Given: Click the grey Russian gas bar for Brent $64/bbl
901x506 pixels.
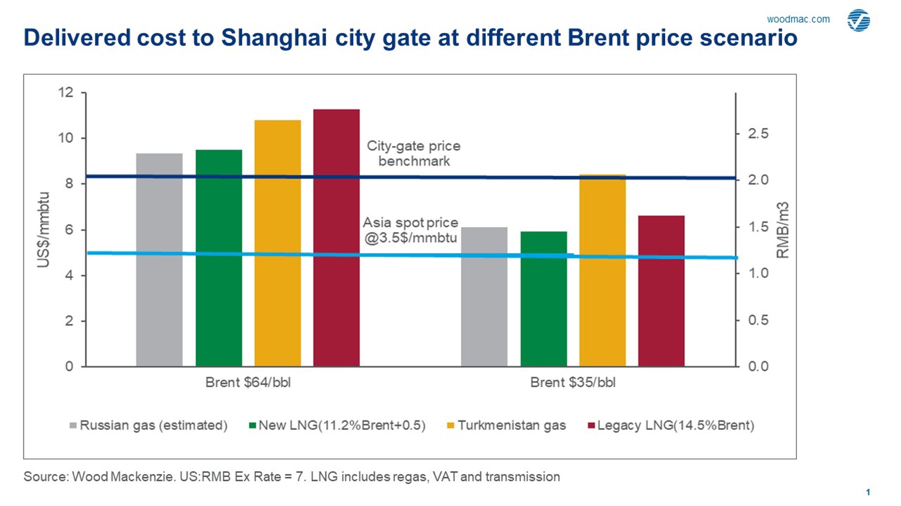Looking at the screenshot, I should (159, 260).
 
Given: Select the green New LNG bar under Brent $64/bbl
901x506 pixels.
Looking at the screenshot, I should (219, 258).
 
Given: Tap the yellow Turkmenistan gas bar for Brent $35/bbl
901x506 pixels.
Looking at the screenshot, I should (603, 270).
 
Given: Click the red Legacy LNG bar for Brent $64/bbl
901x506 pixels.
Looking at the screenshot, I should (336, 238).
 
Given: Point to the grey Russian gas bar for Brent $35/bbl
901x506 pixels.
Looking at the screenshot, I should (484, 297).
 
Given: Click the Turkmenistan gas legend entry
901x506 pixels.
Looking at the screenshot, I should (506, 425).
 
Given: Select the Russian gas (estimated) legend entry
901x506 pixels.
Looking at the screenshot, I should (148, 425).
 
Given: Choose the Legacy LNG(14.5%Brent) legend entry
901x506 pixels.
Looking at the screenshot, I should (671, 425).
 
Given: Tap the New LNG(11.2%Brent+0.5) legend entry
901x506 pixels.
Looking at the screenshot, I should (337, 425).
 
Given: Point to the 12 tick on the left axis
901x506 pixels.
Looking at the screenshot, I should (66, 92).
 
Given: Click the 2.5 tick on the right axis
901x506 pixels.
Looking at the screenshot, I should (758, 134).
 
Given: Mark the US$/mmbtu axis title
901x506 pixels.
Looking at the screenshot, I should (44, 229).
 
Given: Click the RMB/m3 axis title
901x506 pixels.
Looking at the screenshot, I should (782, 230).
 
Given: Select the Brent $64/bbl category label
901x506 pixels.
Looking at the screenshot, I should (248, 382).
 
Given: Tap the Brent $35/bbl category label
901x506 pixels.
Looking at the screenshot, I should (573, 382).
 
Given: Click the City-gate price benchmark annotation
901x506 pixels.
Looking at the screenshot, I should (413, 153).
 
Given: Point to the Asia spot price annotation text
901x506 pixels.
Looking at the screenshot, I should (410, 230).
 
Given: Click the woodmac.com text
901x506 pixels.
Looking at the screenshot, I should (798, 19).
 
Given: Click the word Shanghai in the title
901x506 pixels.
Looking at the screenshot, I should (274, 38).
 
